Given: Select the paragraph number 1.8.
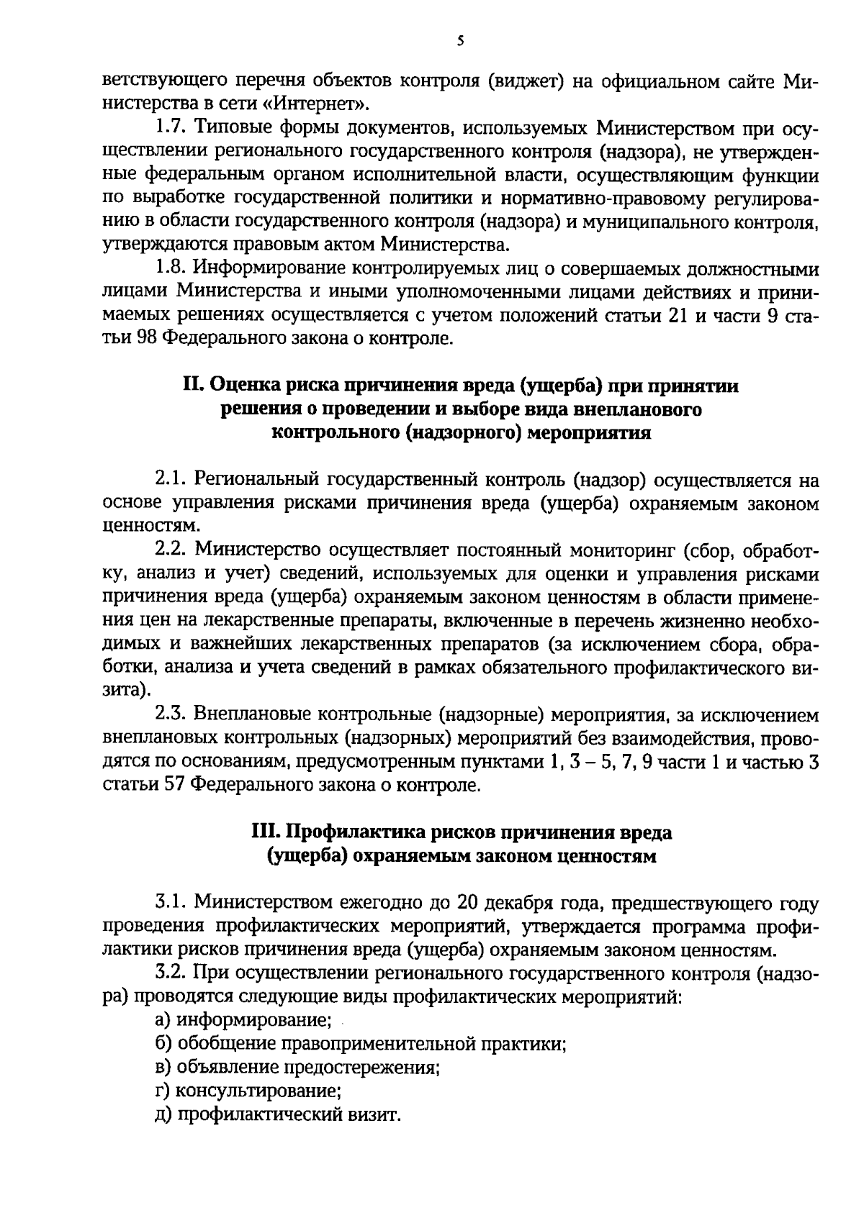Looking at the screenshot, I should [x=171, y=269].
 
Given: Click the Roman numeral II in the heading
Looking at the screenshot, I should [x=194, y=386].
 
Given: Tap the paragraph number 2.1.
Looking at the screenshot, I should [x=171, y=480].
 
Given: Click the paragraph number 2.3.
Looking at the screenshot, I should [x=171, y=715].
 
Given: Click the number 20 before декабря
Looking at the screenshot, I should [x=469, y=903].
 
